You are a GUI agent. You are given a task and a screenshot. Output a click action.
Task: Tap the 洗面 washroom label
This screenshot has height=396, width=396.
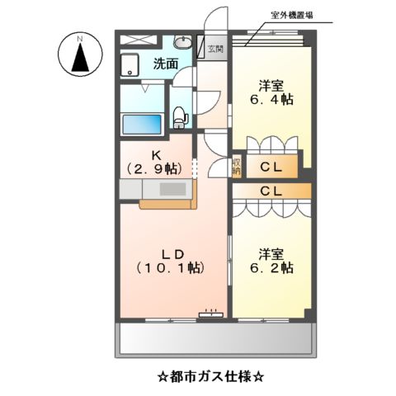[x=165, y=64]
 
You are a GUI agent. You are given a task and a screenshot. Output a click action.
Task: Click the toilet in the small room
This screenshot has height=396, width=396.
[x=180, y=116]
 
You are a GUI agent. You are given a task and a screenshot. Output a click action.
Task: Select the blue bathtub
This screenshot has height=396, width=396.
[x=142, y=125]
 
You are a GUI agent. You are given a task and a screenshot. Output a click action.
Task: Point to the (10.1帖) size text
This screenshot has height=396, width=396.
[x=169, y=269]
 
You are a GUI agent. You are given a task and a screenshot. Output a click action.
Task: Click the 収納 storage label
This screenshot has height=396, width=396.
[x=237, y=167]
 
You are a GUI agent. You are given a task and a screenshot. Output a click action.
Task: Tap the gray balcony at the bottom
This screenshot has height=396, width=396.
[x=217, y=338]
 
